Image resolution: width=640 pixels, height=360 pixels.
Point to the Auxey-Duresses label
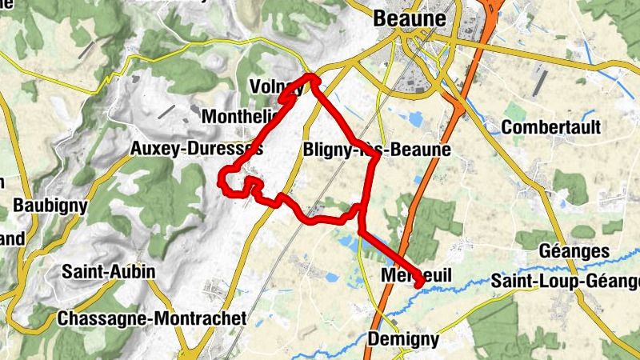pyautogui.click(x=196, y=149)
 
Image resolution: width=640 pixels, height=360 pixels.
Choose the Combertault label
pyautogui.click(x=550, y=128)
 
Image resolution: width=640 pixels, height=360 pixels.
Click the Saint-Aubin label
pyautogui.click(x=108, y=272)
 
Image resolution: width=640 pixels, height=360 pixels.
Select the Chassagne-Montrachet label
pyautogui.click(x=151, y=318)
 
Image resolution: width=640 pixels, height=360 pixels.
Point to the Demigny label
pyautogui.click(x=403, y=339)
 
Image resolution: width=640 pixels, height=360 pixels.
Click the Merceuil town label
pyautogui.click(x=415, y=275)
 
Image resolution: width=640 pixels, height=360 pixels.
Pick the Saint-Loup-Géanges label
pyautogui.click(x=566, y=282)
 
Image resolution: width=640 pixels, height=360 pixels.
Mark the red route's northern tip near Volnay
pyautogui.click(x=310, y=77)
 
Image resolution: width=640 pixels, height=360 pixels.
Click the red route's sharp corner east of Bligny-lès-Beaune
pyautogui.click(x=377, y=158)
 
